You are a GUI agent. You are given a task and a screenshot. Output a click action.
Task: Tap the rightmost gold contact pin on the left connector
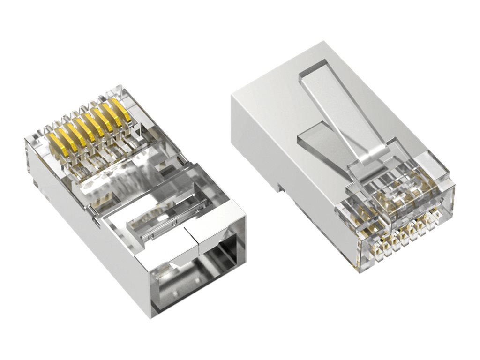(x=123, y=109)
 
